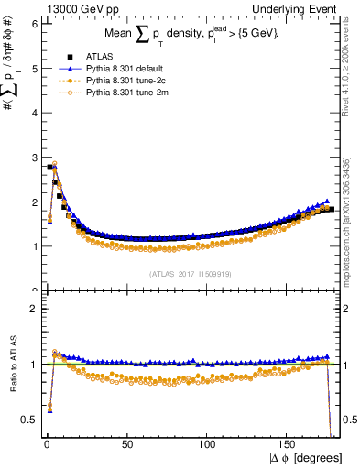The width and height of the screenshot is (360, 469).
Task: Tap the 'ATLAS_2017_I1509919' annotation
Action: [189, 274]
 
